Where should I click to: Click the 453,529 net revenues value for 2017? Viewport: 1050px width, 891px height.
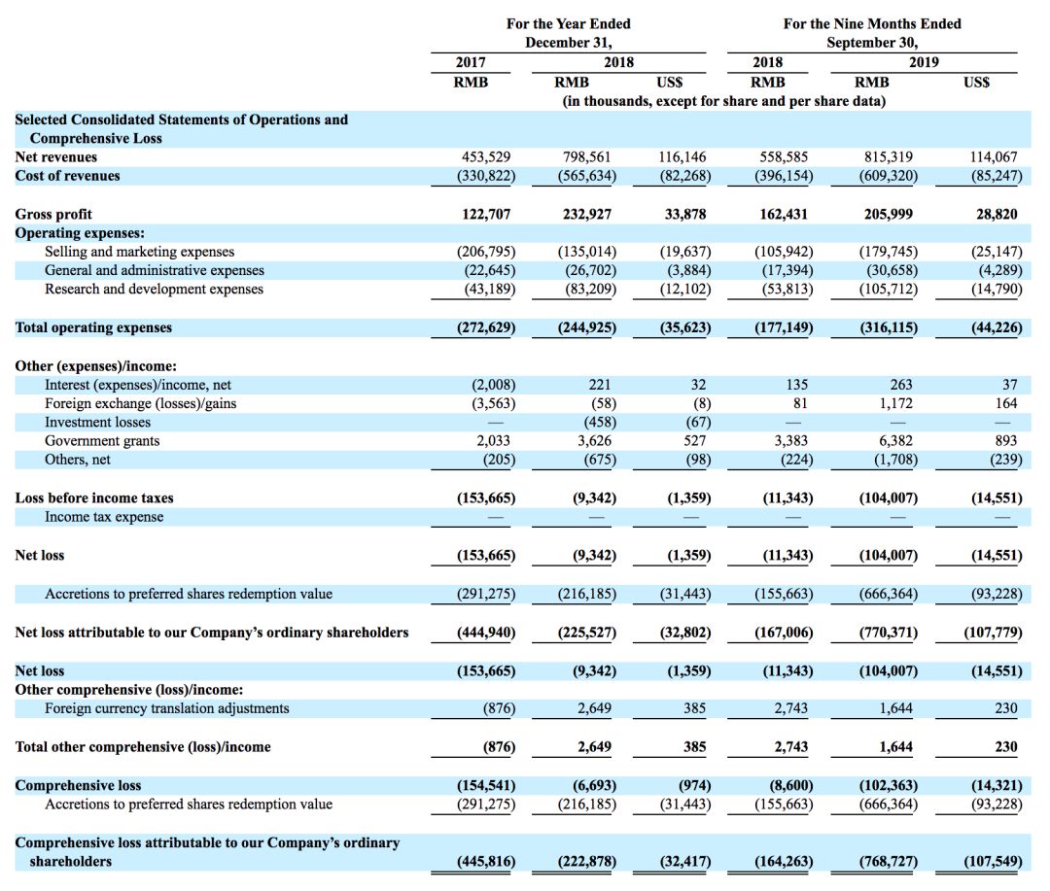pyautogui.click(x=485, y=156)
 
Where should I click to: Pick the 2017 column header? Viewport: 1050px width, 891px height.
pyautogui.click(x=471, y=62)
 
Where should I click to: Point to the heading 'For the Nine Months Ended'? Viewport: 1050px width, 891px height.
pyautogui.click(x=872, y=23)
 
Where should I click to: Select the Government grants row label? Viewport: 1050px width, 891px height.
pyautogui.click(x=102, y=441)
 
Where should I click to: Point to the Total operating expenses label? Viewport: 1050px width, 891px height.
pyautogui.click(x=93, y=327)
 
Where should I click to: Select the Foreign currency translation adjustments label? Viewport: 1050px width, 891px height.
pyautogui.click(x=166, y=708)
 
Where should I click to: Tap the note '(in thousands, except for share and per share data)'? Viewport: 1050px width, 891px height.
pyautogui.click(x=724, y=101)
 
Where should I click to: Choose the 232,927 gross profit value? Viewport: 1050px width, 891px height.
pyautogui.click(x=587, y=214)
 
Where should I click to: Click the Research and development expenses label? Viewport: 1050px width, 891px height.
pyautogui.click(x=154, y=290)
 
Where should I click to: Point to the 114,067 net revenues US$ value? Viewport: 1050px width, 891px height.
pyautogui.click(x=994, y=156)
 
